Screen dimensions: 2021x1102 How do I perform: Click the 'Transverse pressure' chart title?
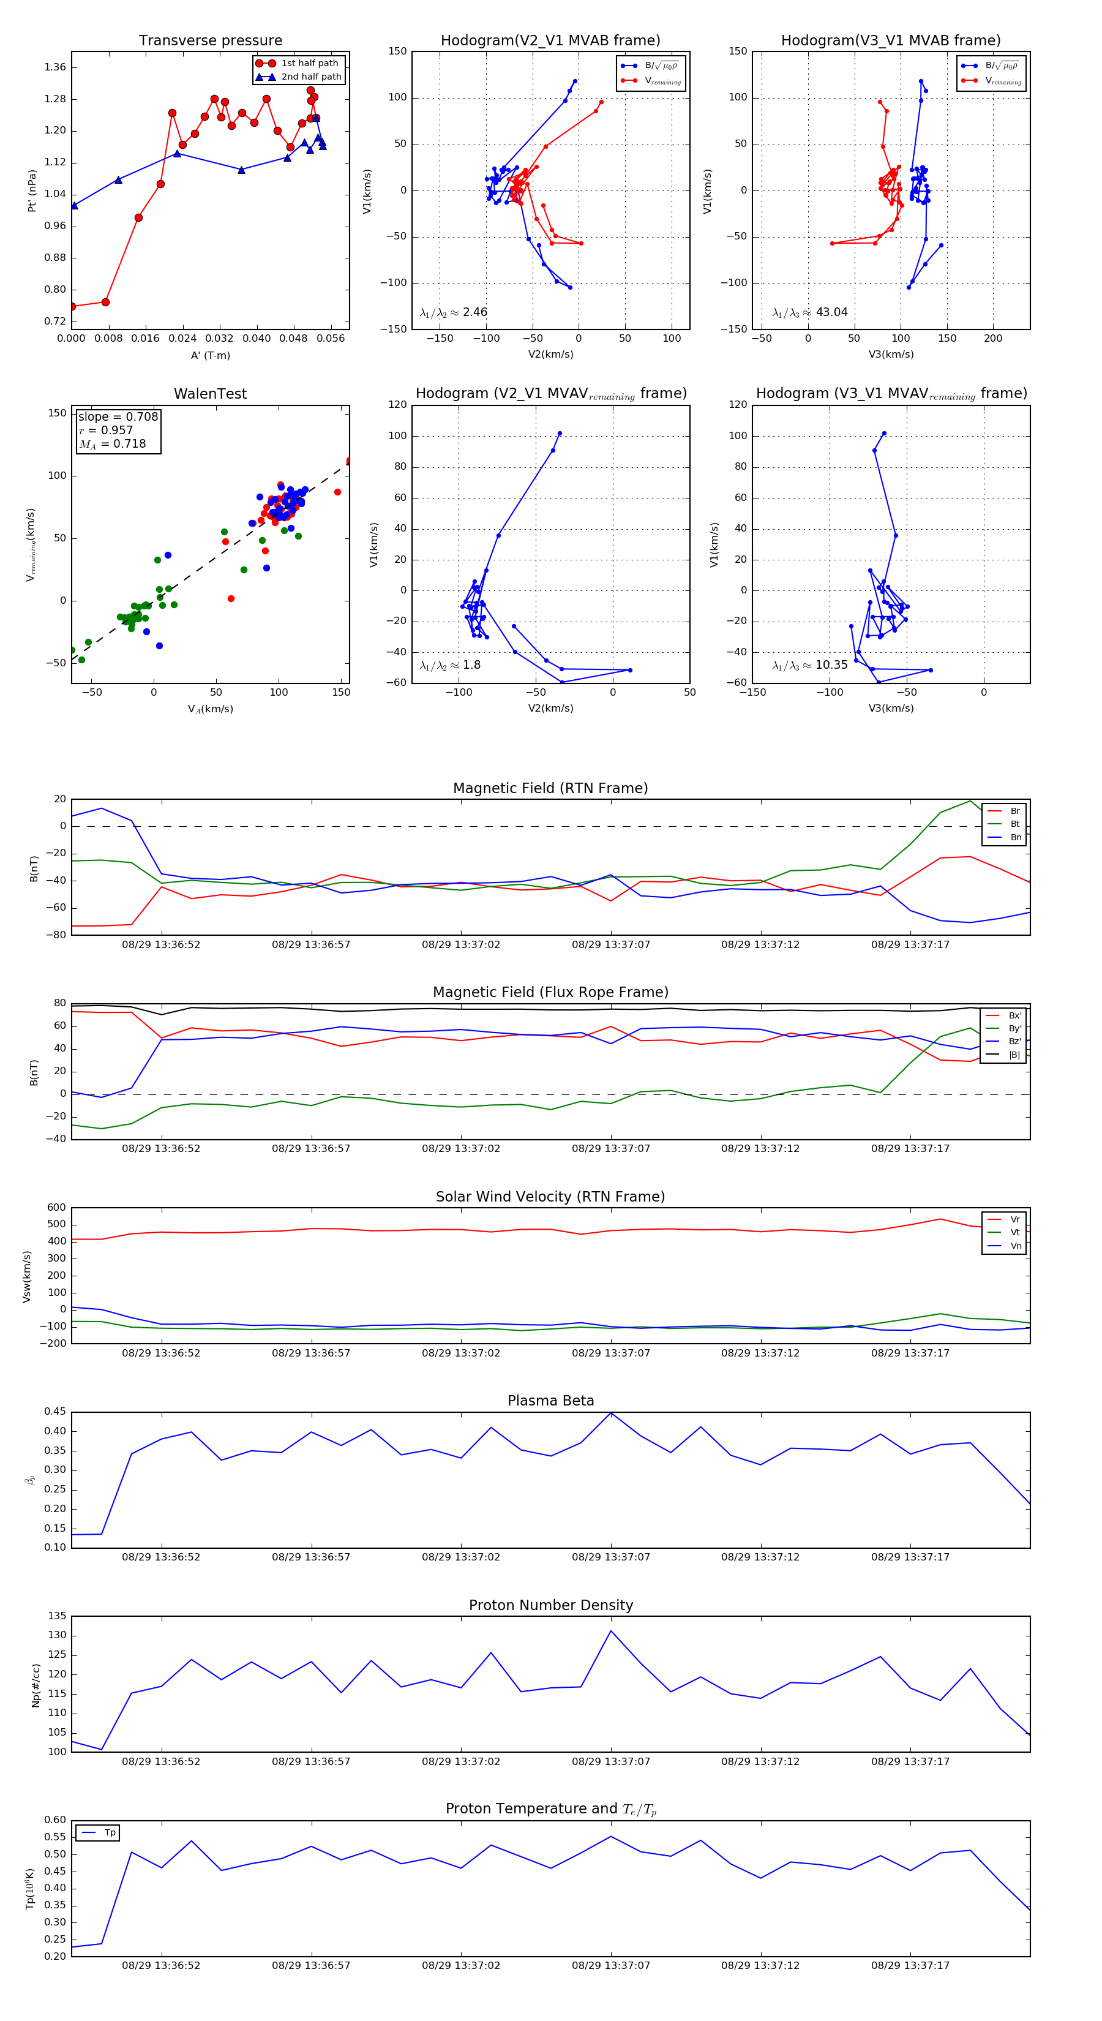(x=210, y=41)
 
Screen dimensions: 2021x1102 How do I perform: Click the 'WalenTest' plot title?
(x=210, y=394)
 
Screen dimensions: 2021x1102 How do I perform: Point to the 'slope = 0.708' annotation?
(x=118, y=416)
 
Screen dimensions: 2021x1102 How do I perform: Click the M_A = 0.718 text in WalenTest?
(x=112, y=444)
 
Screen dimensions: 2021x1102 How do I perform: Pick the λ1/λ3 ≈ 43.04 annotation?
(x=809, y=312)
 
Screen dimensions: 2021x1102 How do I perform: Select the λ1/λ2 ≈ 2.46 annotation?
(x=453, y=312)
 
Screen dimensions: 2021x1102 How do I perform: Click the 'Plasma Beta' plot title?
(x=550, y=1401)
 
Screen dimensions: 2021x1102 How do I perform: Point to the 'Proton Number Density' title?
(x=550, y=1605)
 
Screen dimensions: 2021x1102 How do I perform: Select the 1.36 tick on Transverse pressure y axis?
(x=55, y=67)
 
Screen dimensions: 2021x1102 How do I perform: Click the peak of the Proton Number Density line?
(x=611, y=1631)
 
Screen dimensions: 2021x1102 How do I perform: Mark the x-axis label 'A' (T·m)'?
(x=210, y=355)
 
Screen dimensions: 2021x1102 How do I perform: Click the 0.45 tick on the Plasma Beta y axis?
(x=55, y=1412)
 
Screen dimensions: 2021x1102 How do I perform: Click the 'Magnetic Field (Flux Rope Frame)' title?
(x=550, y=993)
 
